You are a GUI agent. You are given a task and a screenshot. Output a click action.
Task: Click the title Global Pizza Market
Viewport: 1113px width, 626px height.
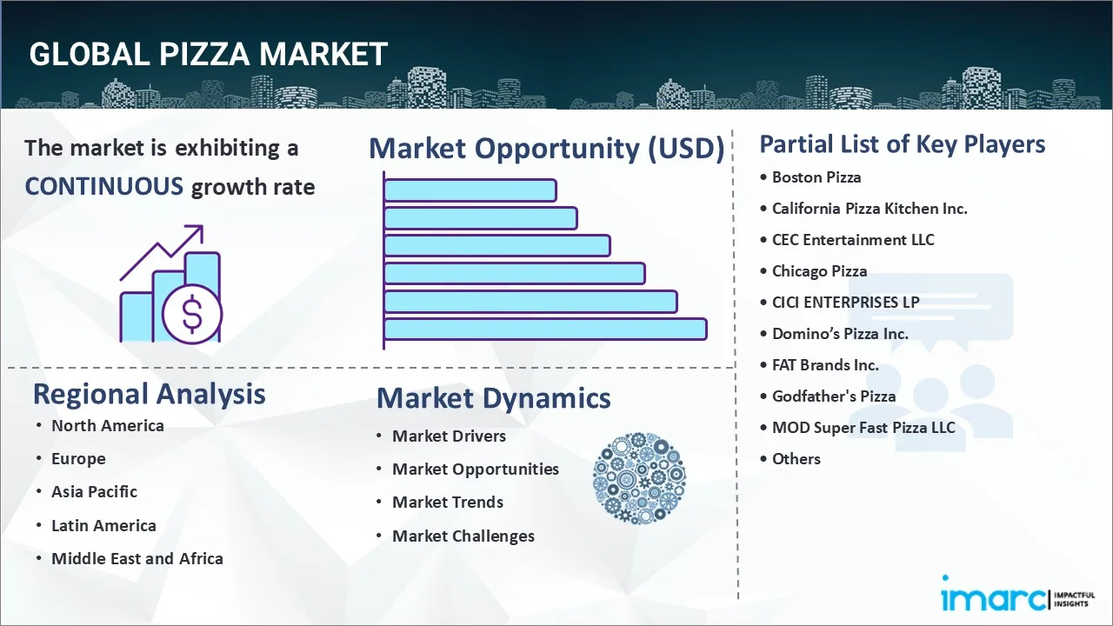click(208, 54)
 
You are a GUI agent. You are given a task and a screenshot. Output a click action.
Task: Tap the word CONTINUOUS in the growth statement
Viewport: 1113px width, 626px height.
click(103, 186)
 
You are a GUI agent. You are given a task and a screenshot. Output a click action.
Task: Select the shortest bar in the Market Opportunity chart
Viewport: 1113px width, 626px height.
click(470, 190)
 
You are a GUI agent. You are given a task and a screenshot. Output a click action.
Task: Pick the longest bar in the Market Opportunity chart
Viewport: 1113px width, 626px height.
click(545, 329)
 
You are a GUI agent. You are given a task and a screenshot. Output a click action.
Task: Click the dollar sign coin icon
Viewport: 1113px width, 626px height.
click(192, 315)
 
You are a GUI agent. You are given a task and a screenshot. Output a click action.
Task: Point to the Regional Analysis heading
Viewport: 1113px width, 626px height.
click(149, 394)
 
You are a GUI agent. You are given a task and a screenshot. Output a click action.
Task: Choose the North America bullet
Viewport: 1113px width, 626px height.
click(107, 425)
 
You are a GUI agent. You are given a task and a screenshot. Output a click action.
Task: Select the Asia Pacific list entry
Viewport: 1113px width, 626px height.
click(94, 491)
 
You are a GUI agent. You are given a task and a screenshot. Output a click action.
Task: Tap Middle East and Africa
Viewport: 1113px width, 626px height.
click(137, 558)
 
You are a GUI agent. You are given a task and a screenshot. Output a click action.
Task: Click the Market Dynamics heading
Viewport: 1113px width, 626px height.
click(493, 398)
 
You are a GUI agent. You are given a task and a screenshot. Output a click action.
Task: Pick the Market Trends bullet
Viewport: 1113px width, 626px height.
click(447, 502)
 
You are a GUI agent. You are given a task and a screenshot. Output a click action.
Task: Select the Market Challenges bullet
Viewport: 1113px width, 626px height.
click(463, 536)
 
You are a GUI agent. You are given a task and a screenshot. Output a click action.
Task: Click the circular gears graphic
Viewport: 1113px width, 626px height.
click(639, 478)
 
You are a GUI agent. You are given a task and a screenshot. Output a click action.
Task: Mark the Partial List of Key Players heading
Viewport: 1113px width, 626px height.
click(902, 144)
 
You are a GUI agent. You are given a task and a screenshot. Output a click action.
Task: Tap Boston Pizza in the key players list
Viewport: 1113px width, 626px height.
click(816, 176)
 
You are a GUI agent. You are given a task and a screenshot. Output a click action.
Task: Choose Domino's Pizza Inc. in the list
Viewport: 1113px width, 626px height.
click(840, 333)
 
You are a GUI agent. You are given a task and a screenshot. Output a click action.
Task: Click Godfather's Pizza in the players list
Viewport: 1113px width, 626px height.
click(833, 396)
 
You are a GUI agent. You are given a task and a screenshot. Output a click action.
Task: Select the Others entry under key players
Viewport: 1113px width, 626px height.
click(796, 458)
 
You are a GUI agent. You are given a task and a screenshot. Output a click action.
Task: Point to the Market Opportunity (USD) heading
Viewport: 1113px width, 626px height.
click(546, 149)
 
